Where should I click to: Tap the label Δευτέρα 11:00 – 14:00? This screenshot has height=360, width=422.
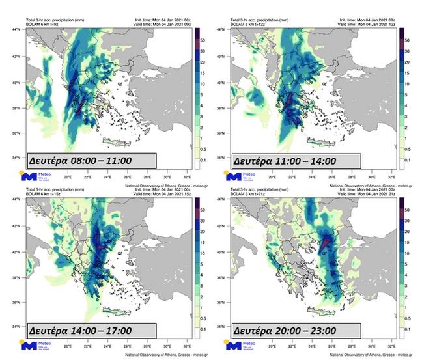pos(285,160)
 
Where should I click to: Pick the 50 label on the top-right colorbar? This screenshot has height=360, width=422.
pos(405,40)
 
